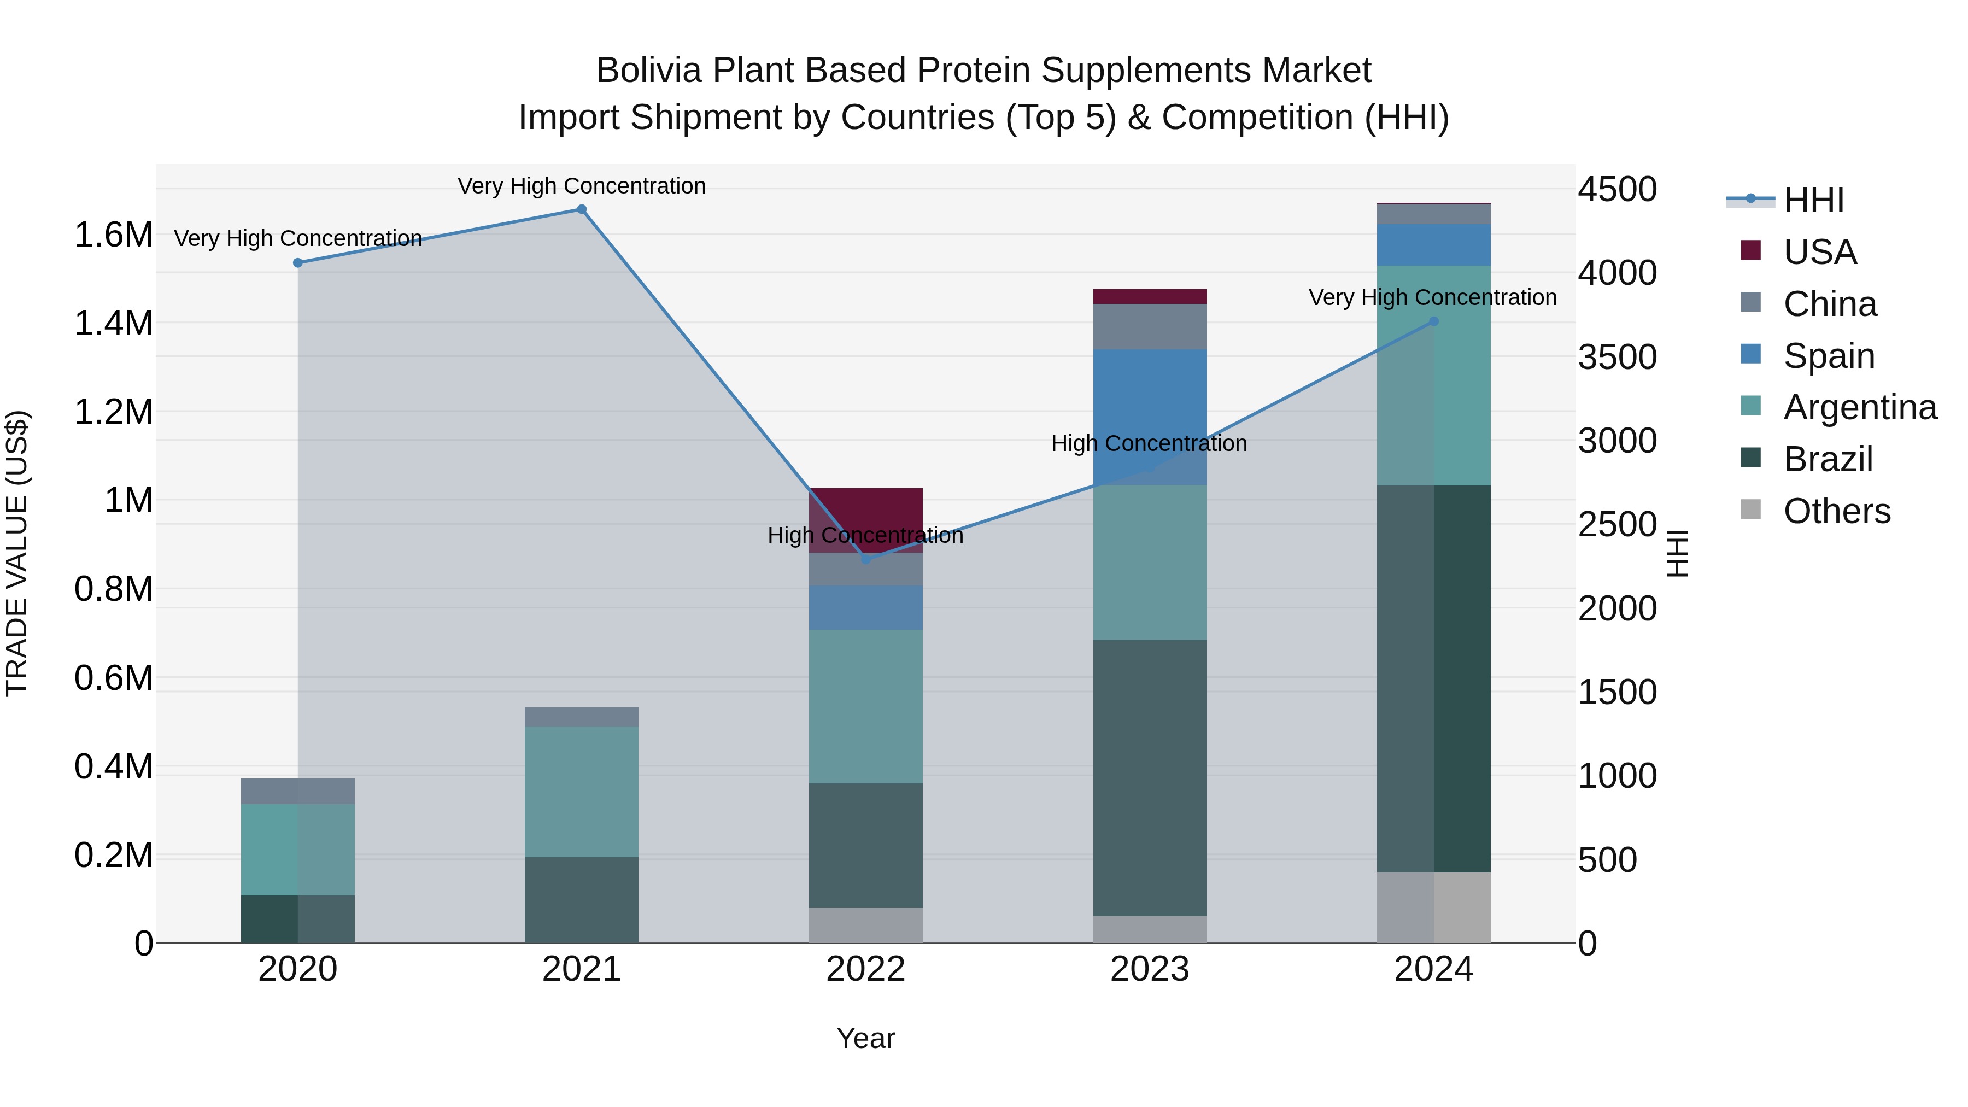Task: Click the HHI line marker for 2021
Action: [582, 209]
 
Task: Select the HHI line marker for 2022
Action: [865, 559]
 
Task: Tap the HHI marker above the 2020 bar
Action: [298, 263]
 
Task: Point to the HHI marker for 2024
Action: [1433, 321]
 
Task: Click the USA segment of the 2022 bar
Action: [865, 519]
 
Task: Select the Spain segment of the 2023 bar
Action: [1150, 417]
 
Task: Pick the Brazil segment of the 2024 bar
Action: [1433, 678]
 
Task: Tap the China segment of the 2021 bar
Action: [582, 717]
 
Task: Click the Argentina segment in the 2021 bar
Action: [582, 792]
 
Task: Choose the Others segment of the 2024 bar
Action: [1433, 907]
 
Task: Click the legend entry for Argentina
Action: [1860, 407]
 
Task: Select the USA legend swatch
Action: [1750, 250]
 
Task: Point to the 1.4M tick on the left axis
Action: [114, 323]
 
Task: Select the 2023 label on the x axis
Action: [1150, 969]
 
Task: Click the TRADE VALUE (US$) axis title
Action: [17, 553]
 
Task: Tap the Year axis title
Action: [865, 1038]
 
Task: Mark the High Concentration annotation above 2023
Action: [1149, 443]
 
